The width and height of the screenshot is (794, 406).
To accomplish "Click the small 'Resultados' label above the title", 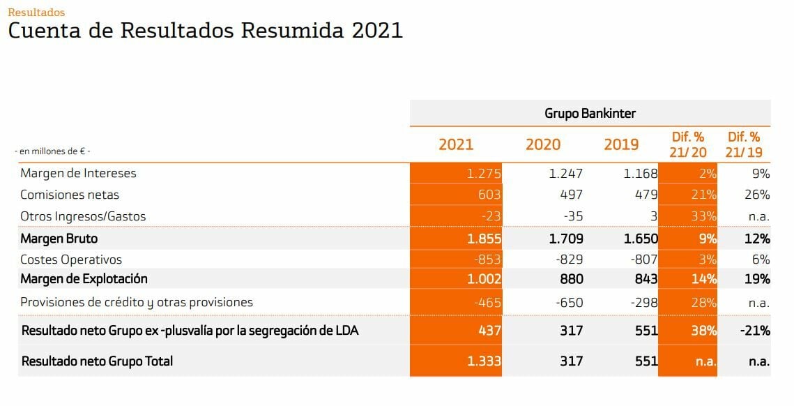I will (x=36, y=13).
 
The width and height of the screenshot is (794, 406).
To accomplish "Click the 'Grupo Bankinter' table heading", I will (x=590, y=113).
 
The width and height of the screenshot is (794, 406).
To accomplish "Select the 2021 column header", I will (x=456, y=144).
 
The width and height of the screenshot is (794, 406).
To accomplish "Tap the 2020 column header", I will (x=543, y=144).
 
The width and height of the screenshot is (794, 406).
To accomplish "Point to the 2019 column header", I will (x=621, y=144).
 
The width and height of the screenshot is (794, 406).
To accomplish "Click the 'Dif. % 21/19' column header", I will (x=744, y=144).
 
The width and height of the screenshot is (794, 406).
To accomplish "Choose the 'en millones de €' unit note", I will (x=53, y=151).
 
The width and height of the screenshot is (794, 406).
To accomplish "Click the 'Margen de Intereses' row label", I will (x=78, y=173).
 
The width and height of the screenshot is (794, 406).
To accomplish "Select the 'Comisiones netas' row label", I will (x=70, y=195).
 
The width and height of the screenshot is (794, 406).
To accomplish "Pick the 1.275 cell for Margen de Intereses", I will (x=484, y=174).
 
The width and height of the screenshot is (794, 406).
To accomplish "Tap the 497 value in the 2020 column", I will (x=571, y=195).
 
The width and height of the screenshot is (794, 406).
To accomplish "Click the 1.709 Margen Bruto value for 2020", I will (x=565, y=239).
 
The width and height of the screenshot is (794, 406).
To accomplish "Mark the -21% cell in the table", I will (x=756, y=331).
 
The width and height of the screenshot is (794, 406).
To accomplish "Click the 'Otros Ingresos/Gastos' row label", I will (x=83, y=216).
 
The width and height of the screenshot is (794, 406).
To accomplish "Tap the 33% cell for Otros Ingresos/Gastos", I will (x=705, y=216).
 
